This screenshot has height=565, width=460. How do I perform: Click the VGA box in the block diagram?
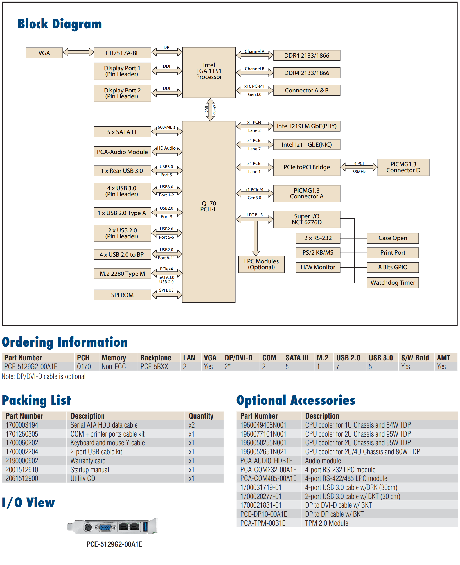coord(44,53)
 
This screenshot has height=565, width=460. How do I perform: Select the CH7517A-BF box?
coord(122,53)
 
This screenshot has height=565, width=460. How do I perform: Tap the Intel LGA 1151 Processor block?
coord(209,73)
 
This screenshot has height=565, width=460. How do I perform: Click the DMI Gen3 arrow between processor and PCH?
coord(210,110)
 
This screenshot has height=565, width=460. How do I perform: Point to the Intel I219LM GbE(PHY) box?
coord(306,126)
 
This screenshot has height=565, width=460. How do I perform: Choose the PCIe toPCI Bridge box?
coord(306,167)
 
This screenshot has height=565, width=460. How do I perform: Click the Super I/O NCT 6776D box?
coord(306,219)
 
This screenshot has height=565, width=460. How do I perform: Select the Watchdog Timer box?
coord(393,282)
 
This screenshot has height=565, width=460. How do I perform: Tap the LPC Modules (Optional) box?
coord(261,264)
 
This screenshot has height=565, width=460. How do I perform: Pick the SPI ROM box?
coord(122,295)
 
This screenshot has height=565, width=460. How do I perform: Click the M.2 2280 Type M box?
coord(122,274)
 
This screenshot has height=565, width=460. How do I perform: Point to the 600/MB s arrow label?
coord(166,127)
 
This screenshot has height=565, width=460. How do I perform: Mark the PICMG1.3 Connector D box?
coord(403,167)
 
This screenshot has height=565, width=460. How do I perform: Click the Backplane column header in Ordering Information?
coord(156,358)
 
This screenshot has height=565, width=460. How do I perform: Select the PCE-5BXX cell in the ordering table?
coord(154,367)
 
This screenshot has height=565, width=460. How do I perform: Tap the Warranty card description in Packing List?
coord(88,461)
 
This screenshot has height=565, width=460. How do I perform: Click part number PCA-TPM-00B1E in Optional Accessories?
coord(263,523)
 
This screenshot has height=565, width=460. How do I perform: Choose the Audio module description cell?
coord(323,461)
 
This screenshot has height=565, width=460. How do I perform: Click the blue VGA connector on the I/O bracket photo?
coord(105,528)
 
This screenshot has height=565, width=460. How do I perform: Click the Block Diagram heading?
coord(60,24)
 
